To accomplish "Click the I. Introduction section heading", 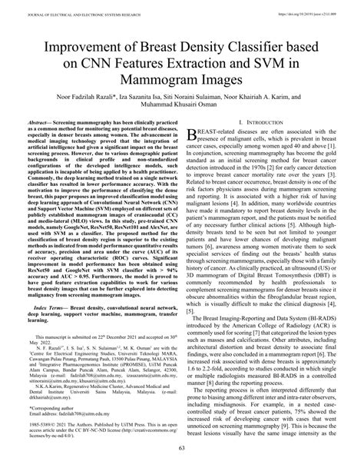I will point(260,123).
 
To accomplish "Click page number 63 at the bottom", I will point(182,457).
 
